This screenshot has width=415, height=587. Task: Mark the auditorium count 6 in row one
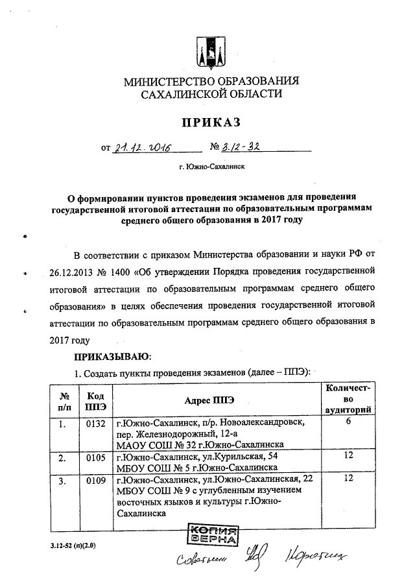click(x=348, y=422)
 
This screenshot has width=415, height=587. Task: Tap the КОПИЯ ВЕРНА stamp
click(x=211, y=535)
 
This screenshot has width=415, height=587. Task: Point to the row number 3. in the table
click(x=62, y=481)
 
